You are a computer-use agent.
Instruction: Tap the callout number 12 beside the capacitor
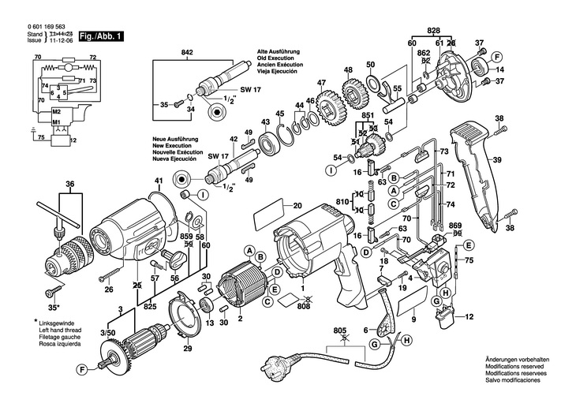[x=471, y=318]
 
